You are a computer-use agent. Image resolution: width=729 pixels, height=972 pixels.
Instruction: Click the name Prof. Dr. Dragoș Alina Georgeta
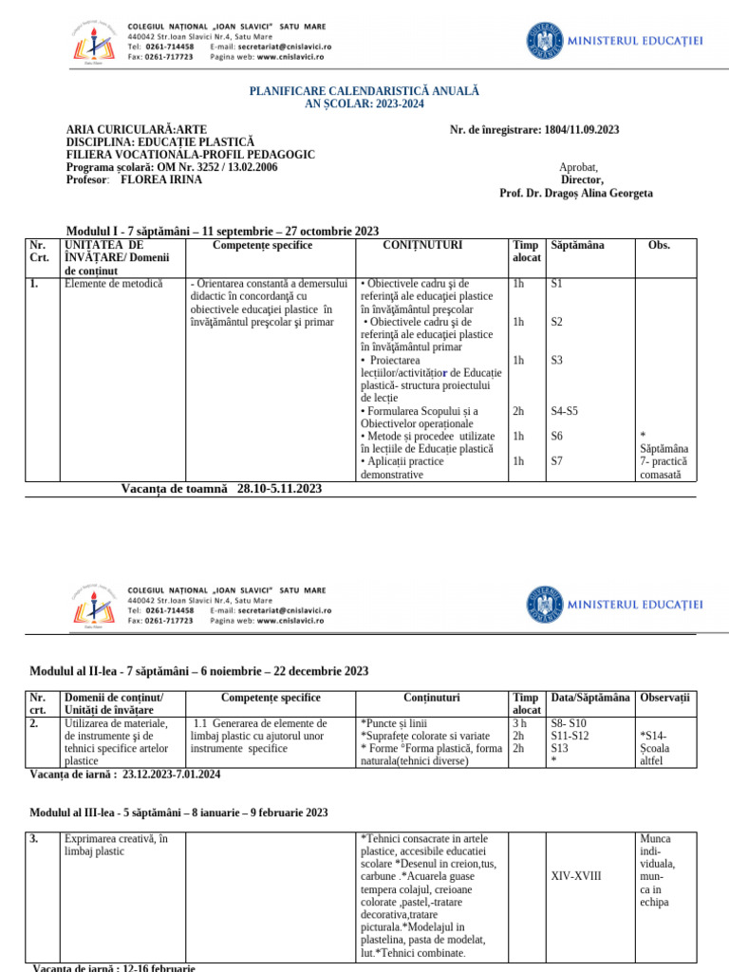(575, 193)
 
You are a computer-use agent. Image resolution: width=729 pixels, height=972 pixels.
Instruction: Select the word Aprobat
(581, 167)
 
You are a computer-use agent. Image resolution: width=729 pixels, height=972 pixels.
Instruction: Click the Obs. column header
(659, 245)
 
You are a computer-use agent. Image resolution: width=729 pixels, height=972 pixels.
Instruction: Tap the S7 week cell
(557, 461)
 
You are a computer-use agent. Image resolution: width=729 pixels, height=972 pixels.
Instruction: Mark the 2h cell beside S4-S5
(518, 411)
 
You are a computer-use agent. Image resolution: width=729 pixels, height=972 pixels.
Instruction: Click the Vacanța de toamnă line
(221, 489)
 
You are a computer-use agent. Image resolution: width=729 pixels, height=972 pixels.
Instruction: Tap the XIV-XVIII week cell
(575, 876)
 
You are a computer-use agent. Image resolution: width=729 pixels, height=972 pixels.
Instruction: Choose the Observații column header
(665, 698)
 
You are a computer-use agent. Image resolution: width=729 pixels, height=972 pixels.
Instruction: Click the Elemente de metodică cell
(113, 283)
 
